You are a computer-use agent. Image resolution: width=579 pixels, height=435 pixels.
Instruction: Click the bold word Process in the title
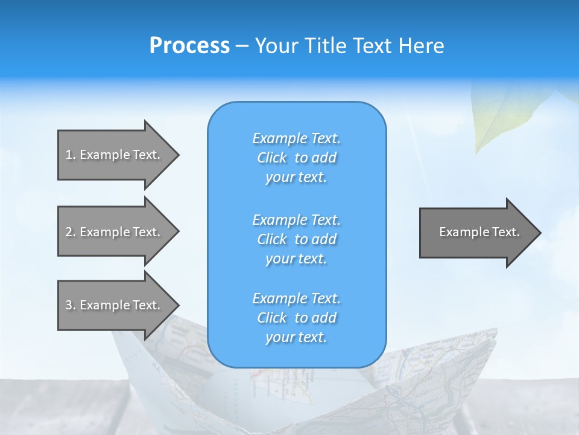[189, 46]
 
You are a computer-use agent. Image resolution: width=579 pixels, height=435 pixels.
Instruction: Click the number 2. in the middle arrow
[71, 232]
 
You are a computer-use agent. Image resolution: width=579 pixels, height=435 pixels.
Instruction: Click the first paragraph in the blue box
[296, 158]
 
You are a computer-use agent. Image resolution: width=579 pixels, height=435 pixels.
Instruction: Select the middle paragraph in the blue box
[296, 239]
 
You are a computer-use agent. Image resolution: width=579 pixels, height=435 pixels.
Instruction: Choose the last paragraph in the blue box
[296, 318]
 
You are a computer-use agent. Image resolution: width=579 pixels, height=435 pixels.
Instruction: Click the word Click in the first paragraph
[272, 158]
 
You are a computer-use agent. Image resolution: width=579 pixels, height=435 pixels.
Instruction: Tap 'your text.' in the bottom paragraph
[296, 337]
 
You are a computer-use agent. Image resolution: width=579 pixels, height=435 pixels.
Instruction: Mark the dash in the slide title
[242, 47]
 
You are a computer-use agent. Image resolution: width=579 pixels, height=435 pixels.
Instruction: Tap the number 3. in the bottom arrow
[71, 305]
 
